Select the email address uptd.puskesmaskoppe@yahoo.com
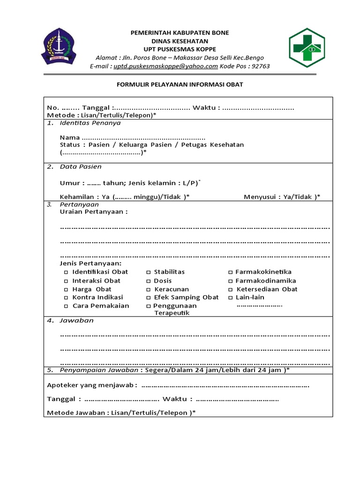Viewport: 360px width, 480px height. click(165, 66)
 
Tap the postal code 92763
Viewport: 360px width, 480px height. click(261, 66)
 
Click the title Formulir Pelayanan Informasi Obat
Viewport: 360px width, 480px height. click(180, 84)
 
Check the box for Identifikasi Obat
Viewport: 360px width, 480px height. click(66, 272)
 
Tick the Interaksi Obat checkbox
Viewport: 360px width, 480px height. click(66, 281)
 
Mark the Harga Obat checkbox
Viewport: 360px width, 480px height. click(66, 289)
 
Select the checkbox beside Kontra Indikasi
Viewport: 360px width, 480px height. click(66, 298)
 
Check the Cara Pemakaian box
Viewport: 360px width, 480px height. click(66, 306)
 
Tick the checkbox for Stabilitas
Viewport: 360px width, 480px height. click(148, 272)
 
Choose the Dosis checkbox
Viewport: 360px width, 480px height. click(148, 281)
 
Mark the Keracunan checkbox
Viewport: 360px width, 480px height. click(148, 289)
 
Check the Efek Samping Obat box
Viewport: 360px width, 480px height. click(148, 298)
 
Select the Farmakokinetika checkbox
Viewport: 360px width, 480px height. click(230, 272)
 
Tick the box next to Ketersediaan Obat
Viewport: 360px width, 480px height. click(230, 289)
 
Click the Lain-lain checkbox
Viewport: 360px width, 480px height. click(230, 298)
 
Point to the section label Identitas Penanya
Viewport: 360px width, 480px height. click(90, 123)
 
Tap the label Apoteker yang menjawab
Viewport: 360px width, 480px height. click(92, 385)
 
